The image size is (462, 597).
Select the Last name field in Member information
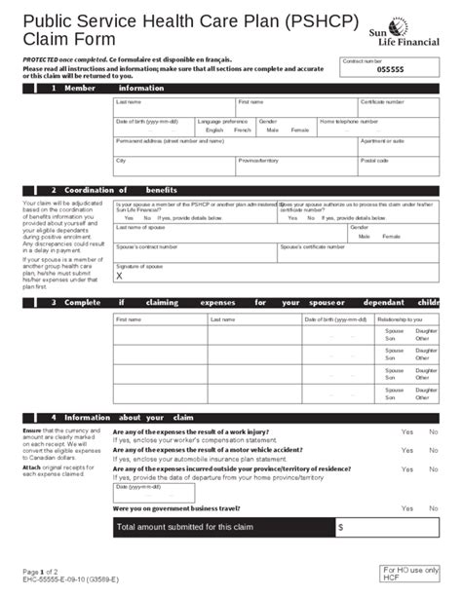(173, 107)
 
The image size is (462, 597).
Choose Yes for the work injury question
(405, 431)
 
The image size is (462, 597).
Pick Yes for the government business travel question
(405, 507)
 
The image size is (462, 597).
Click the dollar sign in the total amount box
(340, 528)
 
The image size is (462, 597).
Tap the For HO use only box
(409, 573)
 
